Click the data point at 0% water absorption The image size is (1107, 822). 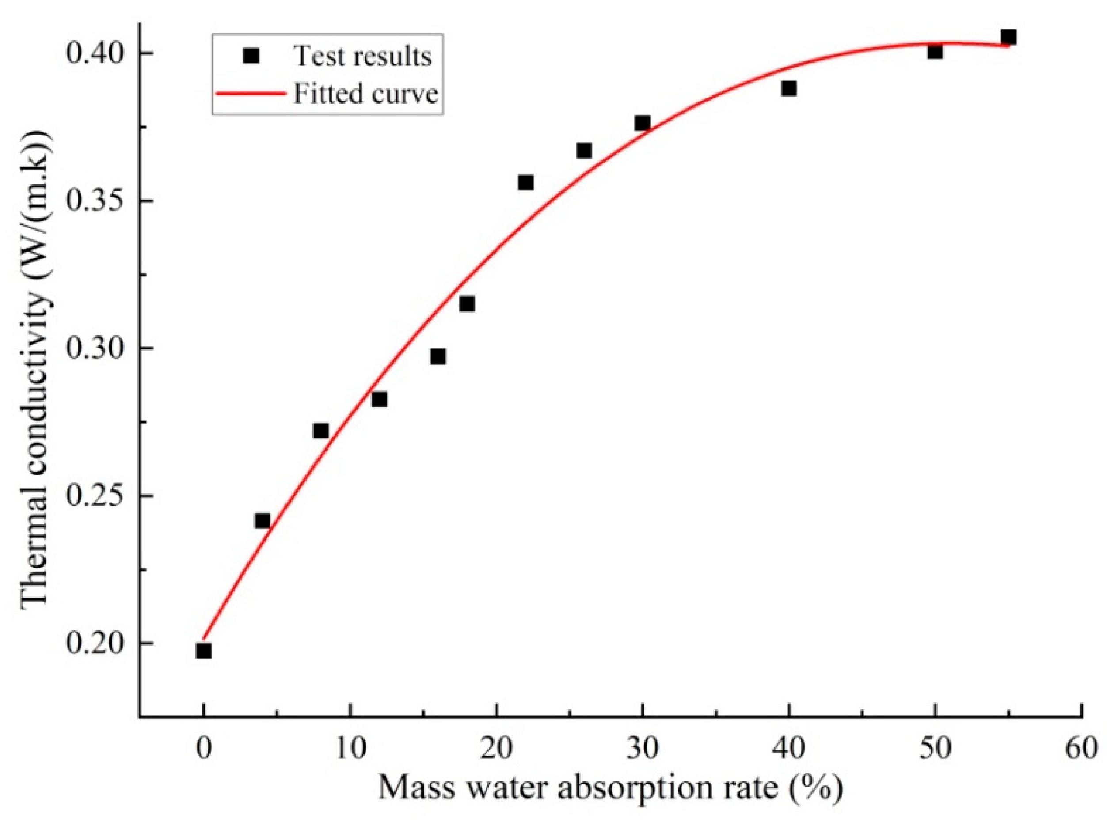coord(204,651)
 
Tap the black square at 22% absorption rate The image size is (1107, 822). coord(525,182)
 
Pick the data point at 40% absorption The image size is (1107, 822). coord(789,89)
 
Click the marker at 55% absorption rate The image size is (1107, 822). coord(1008,37)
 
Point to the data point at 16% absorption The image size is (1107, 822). coord(438,356)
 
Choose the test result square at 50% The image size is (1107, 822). coord(935,51)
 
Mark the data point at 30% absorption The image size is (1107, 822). coord(643,123)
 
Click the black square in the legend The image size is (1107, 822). coord(251,55)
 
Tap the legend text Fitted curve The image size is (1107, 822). coord(365,93)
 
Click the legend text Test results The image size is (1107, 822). coord(362,56)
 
